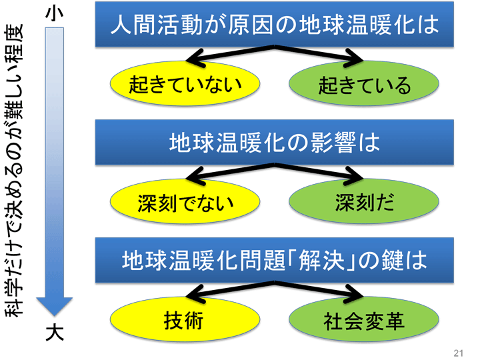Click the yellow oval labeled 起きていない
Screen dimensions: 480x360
tap(185, 83)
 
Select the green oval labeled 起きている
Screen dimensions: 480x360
tap(364, 83)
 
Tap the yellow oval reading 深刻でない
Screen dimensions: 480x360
tap(185, 201)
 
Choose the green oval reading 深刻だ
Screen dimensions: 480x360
tap(364, 201)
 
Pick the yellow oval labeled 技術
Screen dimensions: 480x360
tap(185, 319)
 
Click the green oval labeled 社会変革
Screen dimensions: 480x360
tap(364, 319)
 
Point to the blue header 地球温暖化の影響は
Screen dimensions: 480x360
tap(274, 143)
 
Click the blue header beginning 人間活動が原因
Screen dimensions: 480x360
tap(274, 24)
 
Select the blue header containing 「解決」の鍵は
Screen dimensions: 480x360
tap(274, 260)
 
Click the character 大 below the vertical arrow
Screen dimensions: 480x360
tap(55, 333)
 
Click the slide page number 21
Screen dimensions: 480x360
tap(458, 353)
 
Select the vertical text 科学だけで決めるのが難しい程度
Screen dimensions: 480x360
tap(14, 171)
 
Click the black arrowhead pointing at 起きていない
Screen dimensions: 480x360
tap(195, 58)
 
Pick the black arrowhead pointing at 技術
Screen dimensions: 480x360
tap(195, 294)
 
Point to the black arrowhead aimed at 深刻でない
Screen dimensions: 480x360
tap(195, 176)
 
